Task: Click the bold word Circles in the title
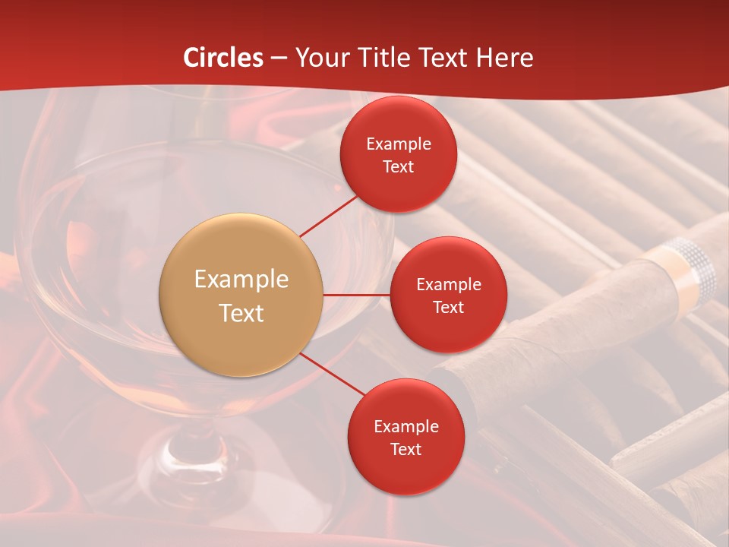(223, 58)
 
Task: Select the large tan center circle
(241, 295)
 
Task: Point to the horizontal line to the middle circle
(357, 295)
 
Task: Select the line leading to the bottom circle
(333, 375)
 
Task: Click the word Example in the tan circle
(241, 279)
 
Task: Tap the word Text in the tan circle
(241, 313)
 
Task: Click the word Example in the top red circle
(399, 144)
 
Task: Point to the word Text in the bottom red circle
(406, 449)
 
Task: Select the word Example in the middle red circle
(448, 284)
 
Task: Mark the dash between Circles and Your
(279, 58)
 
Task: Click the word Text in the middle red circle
(448, 307)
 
